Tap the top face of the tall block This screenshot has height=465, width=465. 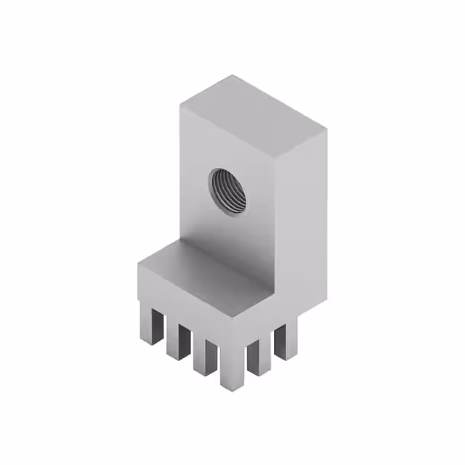point(253,116)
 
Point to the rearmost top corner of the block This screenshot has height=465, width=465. point(234,76)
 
